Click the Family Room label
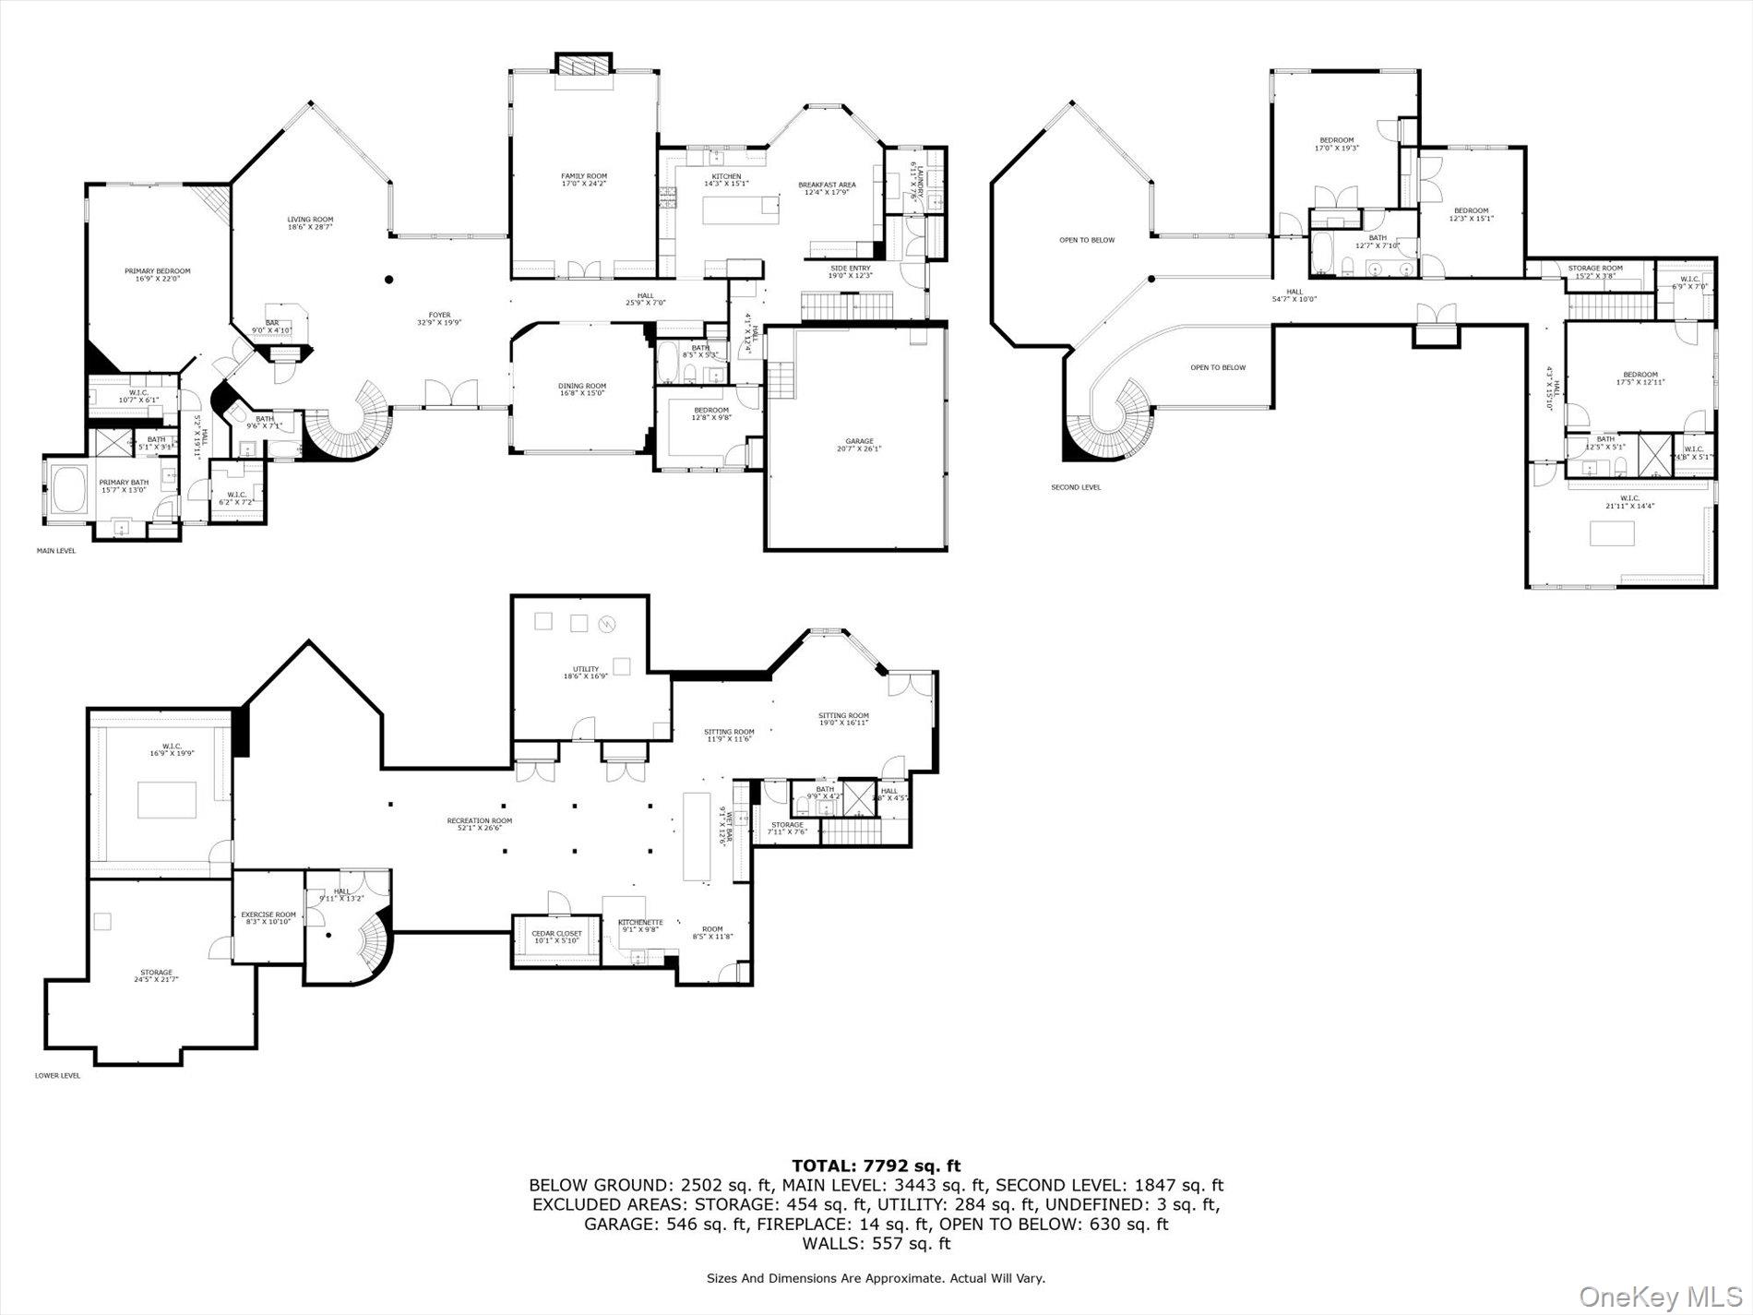click(583, 179)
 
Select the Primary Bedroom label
click(157, 275)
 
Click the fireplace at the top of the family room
click(583, 66)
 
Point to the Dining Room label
click(581, 389)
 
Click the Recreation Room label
click(479, 824)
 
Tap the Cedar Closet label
click(556, 937)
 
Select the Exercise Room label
click(268, 917)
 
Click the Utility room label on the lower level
click(585, 672)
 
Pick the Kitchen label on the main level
click(726, 180)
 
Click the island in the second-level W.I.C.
click(1612, 533)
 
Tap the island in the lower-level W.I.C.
click(167, 799)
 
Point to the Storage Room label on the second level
click(1594, 271)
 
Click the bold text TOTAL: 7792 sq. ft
click(876, 1166)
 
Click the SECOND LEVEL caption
click(1076, 487)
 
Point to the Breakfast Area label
click(827, 188)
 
